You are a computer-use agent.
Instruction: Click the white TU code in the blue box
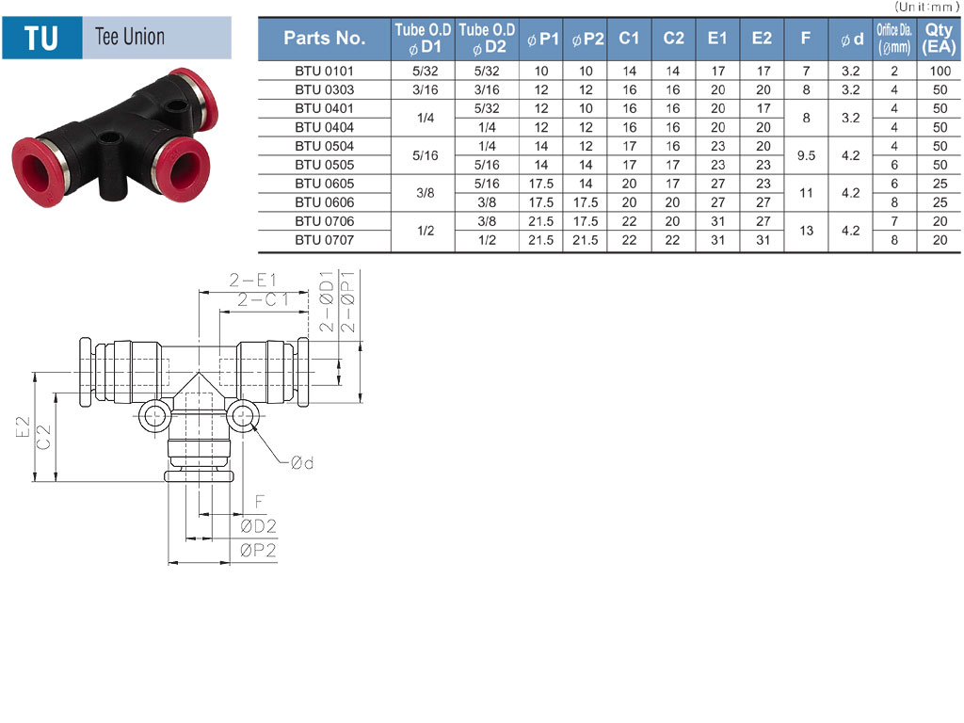(x=41, y=38)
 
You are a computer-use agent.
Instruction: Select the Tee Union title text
(x=130, y=37)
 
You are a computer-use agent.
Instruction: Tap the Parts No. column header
(x=325, y=38)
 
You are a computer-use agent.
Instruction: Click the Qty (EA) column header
(x=939, y=38)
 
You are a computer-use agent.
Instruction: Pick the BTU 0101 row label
(x=325, y=71)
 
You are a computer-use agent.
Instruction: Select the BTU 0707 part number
(x=325, y=240)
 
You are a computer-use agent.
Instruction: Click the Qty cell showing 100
(x=940, y=71)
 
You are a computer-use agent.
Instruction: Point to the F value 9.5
(x=806, y=155)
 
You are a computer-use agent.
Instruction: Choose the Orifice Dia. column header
(x=894, y=38)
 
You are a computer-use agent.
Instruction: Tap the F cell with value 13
(x=806, y=231)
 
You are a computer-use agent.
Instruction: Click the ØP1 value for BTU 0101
(x=541, y=71)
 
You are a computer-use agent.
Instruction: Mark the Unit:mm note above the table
(x=926, y=7)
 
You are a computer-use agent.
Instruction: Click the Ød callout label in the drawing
(x=302, y=462)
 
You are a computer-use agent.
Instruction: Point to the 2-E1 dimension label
(x=253, y=281)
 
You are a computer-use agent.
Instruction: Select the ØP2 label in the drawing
(x=258, y=550)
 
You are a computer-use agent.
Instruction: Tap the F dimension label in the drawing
(x=260, y=502)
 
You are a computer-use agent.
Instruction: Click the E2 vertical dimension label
(x=23, y=426)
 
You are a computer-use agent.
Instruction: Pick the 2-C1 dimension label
(x=264, y=300)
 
